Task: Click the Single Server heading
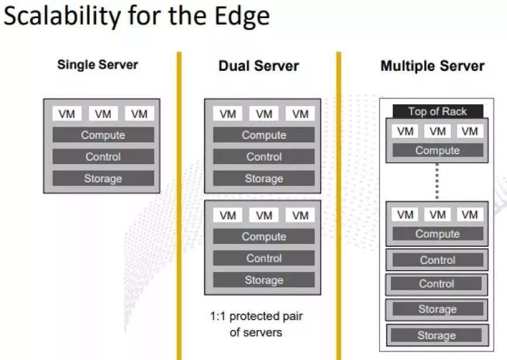(x=97, y=64)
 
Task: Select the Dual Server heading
(x=258, y=66)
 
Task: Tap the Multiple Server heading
(x=433, y=66)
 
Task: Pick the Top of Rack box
(x=437, y=111)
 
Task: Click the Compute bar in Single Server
(x=103, y=135)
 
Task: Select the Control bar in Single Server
(x=103, y=157)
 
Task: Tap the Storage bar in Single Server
(x=103, y=178)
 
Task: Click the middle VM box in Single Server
(x=103, y=114)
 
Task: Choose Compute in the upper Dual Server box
(x=264, y=135)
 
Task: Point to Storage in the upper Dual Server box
(x=264, y=178)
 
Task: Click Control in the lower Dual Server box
(x=264, y=258)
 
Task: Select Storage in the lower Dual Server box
(x=264, y=280)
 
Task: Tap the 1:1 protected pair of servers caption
(x=257, y=324)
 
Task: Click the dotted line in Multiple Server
(x=437, y=181)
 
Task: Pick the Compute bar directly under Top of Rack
(x=437, y=150)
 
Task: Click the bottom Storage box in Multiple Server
(x=437, y=335)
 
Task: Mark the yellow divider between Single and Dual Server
(x=179, y=205)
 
